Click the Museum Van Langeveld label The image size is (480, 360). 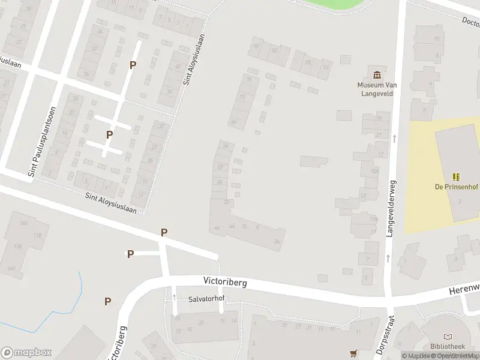pyautogui.click(x=377, y=89)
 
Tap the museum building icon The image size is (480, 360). pyautogui.click(x=377, y=75)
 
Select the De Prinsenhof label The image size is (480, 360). pyautogui.click(x=457, y=187)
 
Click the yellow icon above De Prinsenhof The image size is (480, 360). pyautogui.click(x=457, y=177)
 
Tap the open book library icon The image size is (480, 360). pyautogui.click(x=447, y=338)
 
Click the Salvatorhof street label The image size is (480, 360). pyautogui.click(x=206, y=299)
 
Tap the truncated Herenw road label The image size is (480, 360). pyautogui.click(x=464, y=290)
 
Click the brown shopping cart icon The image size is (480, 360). pyautogui.click(x=353, y=352)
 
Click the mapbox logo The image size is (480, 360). pyautogui.click(x=26, y=352)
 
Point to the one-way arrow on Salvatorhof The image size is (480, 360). pyautogui.click(x=174, y=296)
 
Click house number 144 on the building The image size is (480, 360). pyautogui.click(x=24, y=223)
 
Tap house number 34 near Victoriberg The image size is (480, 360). pyautogui.click(x=277, y=241)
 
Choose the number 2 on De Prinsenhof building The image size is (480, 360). pyautogui.click(x=460, y=201)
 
